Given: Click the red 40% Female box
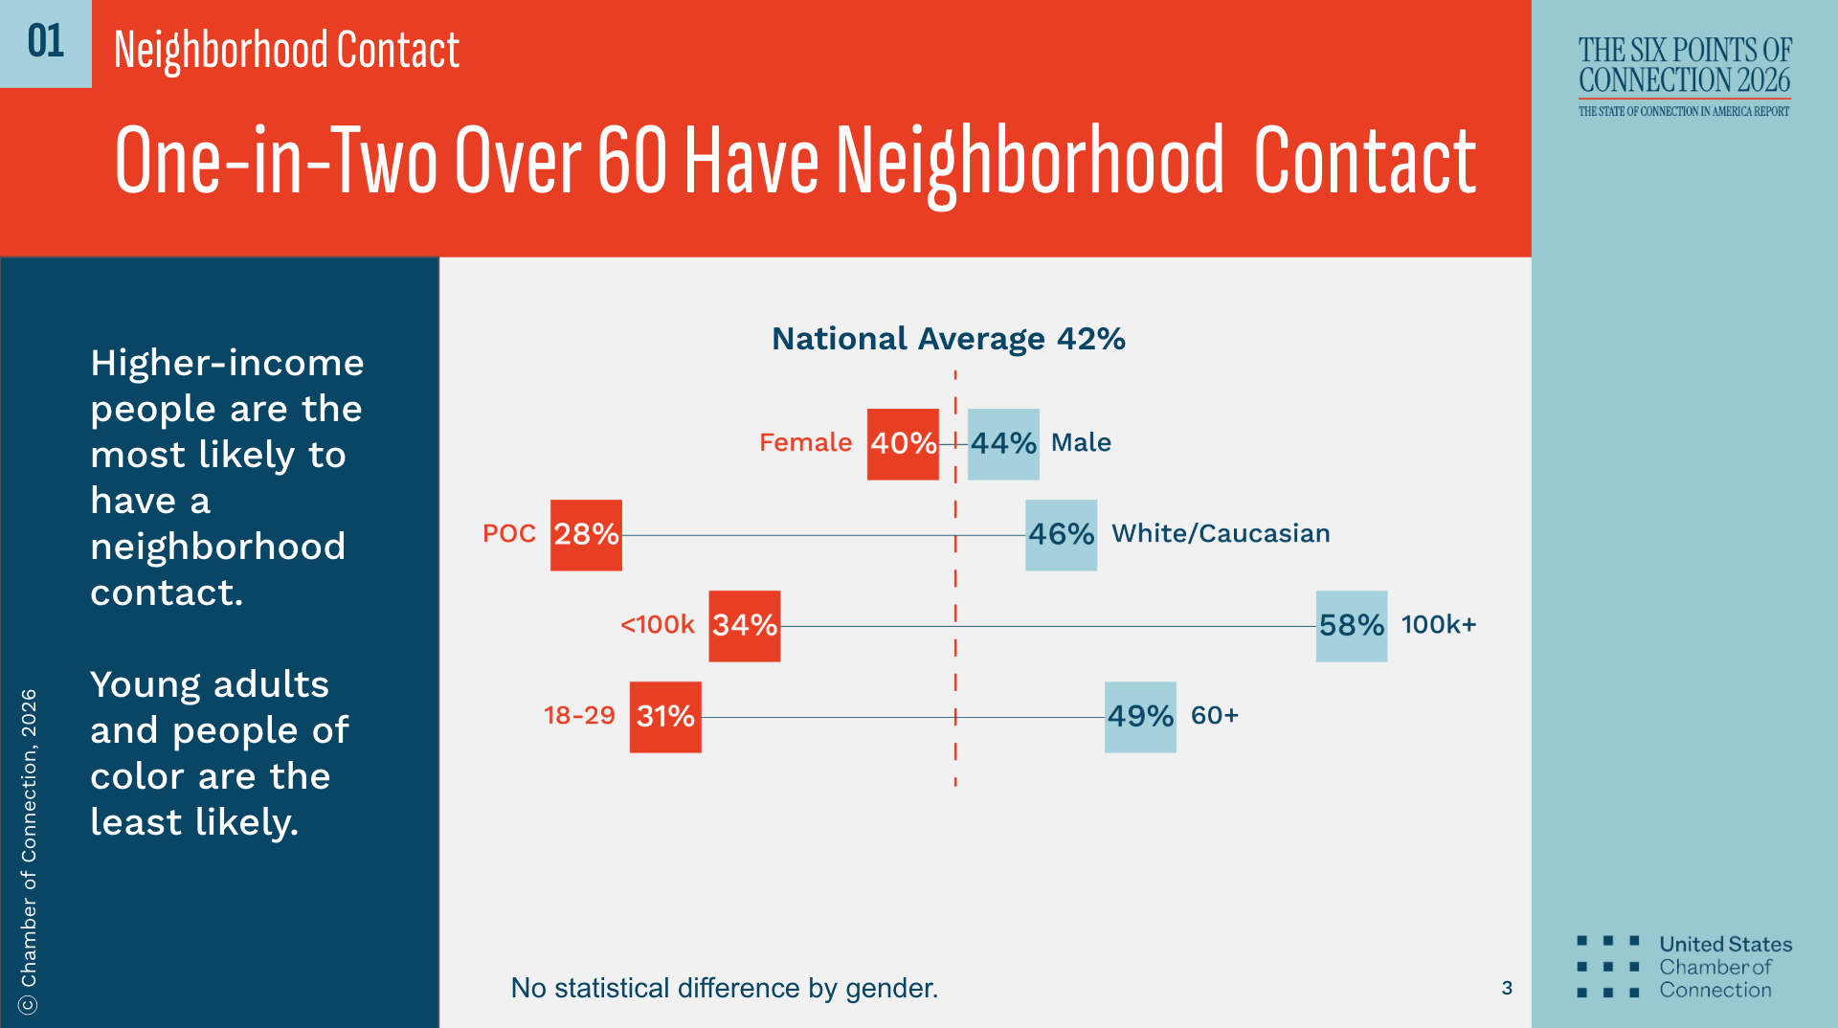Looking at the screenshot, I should [903, 443].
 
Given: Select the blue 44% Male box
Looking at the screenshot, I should [1003, 443].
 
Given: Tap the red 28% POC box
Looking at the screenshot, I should [586, 534].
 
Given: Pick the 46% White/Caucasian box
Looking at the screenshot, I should [1061, 534].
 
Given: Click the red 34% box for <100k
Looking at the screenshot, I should [744, 625].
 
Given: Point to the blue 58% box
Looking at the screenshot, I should [1351, 625].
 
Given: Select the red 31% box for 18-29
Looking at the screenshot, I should [665, 716].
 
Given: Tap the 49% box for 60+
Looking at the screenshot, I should [1140, 716].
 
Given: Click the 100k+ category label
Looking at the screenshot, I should [1439, 624].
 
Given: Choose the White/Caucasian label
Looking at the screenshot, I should [1221, 533].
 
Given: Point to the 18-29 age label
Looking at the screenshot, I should [579, 715].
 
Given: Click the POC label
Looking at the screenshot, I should [509, 533].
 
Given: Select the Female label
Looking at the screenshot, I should [805, 442].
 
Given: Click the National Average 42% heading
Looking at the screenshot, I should [948, 339].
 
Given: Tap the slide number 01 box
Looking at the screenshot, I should [45, 43].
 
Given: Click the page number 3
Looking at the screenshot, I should [1507, 988].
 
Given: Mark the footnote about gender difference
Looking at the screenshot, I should [724, 988].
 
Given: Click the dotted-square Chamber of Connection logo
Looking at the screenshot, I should [1608, 967].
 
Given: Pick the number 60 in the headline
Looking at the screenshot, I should [632, 161].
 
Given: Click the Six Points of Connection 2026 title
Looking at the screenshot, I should [1685, 65].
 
